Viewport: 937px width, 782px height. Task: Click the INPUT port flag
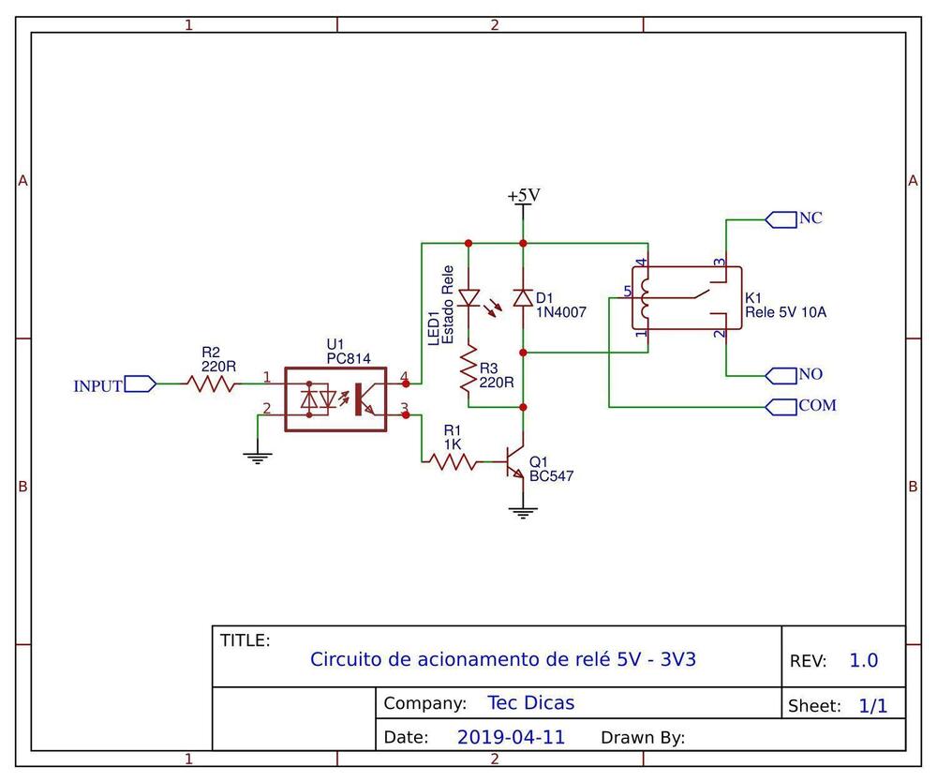pos(141,383)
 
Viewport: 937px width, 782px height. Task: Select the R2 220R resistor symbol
pos(212,383)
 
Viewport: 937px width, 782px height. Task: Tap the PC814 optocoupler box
pos(335,399)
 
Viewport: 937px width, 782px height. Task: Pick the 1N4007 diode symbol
pos(524,297)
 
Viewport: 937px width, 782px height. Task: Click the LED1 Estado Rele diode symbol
pos(469,297)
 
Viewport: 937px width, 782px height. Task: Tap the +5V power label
pos(524,195)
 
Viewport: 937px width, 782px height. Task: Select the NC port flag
pos(781,219)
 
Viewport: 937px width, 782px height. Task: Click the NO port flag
pos(781,375)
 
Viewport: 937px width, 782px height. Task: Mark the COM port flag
pos(781,407)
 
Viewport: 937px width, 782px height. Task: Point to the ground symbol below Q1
pos(523,513)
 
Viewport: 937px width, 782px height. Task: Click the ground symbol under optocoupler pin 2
pos(258,459)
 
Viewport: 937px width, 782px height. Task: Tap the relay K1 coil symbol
pos(645,298)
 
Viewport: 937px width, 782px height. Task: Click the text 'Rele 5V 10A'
pos(786,312)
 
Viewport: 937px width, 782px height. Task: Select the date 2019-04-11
pos(511,737)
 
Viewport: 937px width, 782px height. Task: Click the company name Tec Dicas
pos(530,702)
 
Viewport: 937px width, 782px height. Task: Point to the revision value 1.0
pos(864,660)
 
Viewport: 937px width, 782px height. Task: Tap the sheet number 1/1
pos(873,705)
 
